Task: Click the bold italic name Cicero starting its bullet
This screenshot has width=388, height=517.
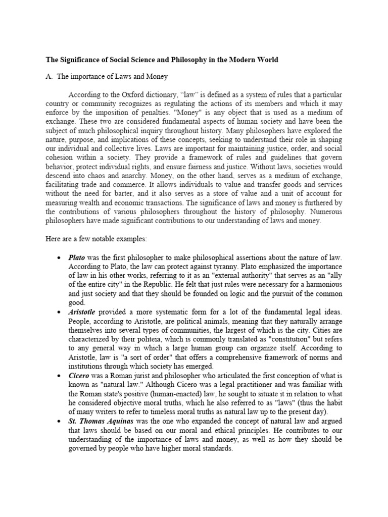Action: coord(79,376)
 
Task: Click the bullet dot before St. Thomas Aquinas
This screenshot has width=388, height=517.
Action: coord(60,421)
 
